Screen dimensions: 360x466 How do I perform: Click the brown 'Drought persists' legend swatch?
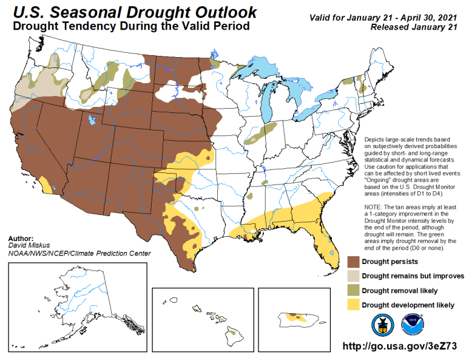coord(353,262)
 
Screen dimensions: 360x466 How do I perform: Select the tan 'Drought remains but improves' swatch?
coord(353,276)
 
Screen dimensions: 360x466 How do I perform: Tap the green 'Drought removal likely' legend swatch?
coord(353,291)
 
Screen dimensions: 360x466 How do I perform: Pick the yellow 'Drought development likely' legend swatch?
coord(353,305)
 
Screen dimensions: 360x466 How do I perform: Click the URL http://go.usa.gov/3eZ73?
coord(399,345)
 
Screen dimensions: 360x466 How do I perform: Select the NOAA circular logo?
coord(413,324)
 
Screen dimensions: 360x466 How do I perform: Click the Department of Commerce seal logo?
coord(382,324)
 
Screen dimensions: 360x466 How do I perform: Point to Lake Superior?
coord(261,66)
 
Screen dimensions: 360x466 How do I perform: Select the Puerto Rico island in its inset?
coord(297,318)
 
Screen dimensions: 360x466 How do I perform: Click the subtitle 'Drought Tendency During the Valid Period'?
coord(130,27)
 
